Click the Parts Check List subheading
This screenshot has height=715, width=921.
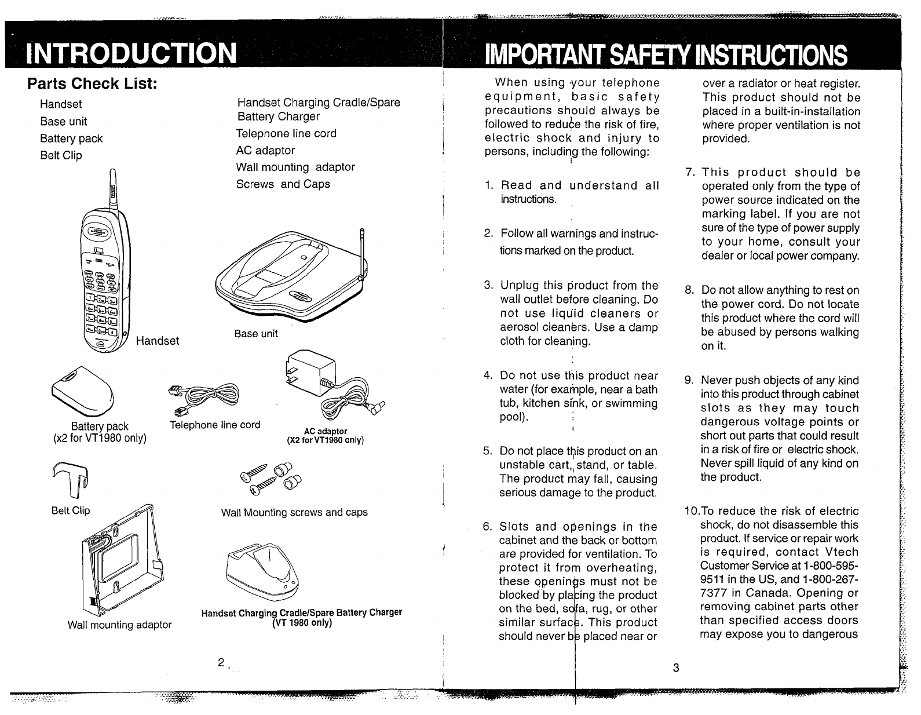(x=93, y=84)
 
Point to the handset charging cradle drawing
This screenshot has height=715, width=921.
(x=264, y=574)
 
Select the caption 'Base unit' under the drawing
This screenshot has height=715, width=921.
(x=256, y=334)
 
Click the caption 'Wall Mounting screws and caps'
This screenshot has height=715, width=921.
(x=294, y=513)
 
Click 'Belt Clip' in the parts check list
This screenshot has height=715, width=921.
(x=61, y=155)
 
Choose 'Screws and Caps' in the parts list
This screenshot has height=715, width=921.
(x=283, y=184)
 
